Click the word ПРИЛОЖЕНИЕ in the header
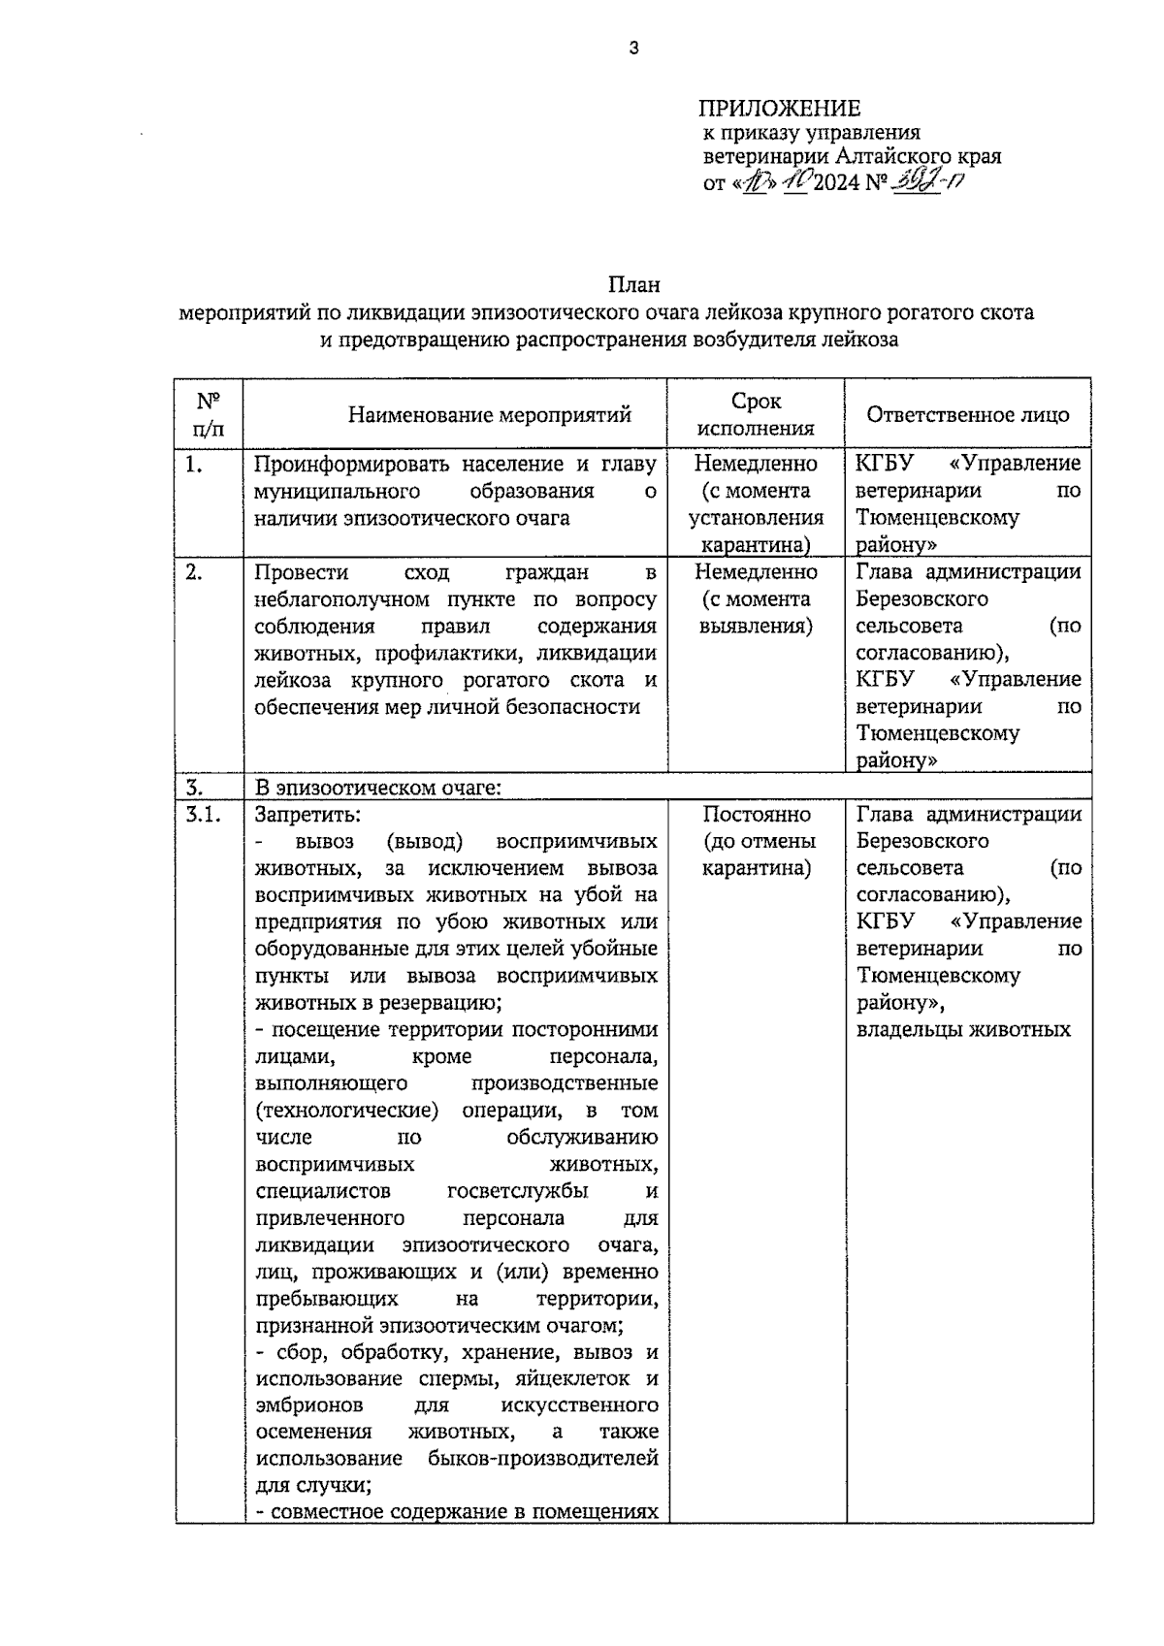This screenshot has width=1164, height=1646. point(781,108)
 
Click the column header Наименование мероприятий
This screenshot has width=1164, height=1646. point(490,415)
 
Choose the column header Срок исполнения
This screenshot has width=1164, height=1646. point(757,414)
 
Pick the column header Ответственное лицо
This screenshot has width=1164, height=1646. point(967,414)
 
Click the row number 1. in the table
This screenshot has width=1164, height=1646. point(194,465)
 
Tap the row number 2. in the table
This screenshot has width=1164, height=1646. point(194,572)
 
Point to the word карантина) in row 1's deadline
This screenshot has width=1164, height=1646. point(757,545)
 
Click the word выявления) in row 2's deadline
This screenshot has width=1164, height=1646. point(757,626)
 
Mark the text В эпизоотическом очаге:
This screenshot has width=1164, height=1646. point(377,788)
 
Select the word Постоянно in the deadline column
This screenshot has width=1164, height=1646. point(757,815)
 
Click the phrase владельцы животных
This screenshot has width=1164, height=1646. point(963,1030)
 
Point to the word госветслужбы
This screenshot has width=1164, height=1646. point(517,1191)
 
